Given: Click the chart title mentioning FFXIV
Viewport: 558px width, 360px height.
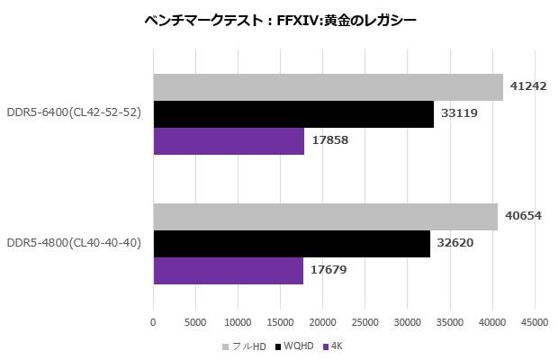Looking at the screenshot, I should [280, 20].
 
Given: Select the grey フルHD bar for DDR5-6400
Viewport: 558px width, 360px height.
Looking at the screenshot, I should [328, 87].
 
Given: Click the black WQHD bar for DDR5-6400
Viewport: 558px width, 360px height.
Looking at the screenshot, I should [293, 114].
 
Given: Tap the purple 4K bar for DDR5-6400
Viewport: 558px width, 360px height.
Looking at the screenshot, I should [229, 141].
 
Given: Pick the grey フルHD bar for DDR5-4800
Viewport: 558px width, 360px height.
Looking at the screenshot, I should [325, 217].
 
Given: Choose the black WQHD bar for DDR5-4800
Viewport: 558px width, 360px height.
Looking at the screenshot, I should [292, 244].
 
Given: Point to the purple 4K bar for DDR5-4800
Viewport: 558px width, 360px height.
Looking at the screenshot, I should [228, 271].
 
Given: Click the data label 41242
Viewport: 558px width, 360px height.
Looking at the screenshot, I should [528, 87].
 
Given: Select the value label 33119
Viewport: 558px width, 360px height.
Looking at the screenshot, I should [459, 114].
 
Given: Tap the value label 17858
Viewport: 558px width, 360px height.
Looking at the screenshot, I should [329, 141].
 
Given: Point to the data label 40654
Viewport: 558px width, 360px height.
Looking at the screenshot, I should [523, 217].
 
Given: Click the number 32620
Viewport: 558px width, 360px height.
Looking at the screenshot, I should [455, 244].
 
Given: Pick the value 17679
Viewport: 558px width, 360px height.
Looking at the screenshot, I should [328, 271].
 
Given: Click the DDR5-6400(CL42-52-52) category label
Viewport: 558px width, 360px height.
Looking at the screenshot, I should [73, 114].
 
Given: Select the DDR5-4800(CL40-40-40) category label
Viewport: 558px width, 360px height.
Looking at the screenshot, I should [73, 244].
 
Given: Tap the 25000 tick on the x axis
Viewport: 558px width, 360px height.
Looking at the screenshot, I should [364, 321].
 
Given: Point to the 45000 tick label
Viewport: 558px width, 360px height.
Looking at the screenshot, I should [535, 321].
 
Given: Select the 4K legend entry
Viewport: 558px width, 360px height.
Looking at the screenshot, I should [334, 346].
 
